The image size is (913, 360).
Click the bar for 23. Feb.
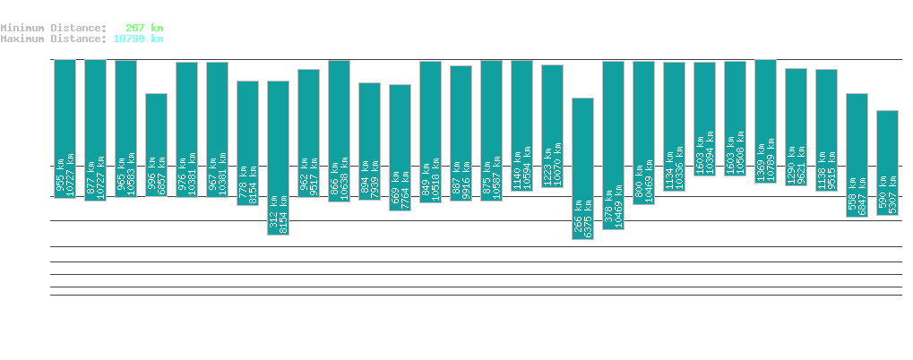(x=582, y=168)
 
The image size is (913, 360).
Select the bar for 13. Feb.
(x=278, y=158)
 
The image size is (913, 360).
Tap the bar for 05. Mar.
(x=887, y=163)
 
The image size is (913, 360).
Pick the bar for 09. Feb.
(x=156, y=144)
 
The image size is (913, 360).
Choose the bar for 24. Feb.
(x=613, y=145)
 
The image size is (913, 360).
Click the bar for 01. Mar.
(x=765, y=121)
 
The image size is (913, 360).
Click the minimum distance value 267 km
(x=142, y=28)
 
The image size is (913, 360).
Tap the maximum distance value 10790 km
(x=138, y=39)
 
